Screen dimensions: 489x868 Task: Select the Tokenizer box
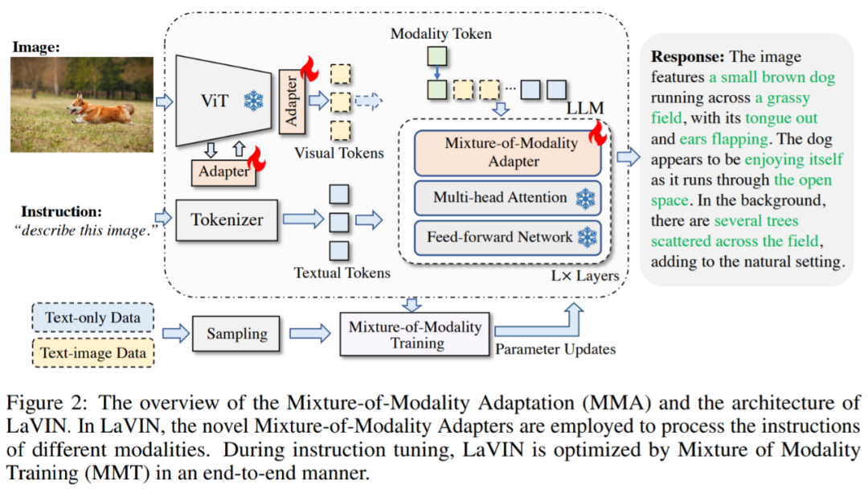[x=227, y=218]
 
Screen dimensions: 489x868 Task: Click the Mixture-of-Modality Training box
[x=416, y=335]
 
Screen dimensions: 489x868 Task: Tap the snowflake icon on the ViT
[x=254, y=102]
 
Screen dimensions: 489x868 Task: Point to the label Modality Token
[x=440, y=34]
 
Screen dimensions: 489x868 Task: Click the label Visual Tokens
[x=338, y=153]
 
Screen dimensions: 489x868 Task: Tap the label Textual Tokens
[x=342, y=273]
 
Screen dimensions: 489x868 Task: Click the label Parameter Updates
[x=555, y=349]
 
